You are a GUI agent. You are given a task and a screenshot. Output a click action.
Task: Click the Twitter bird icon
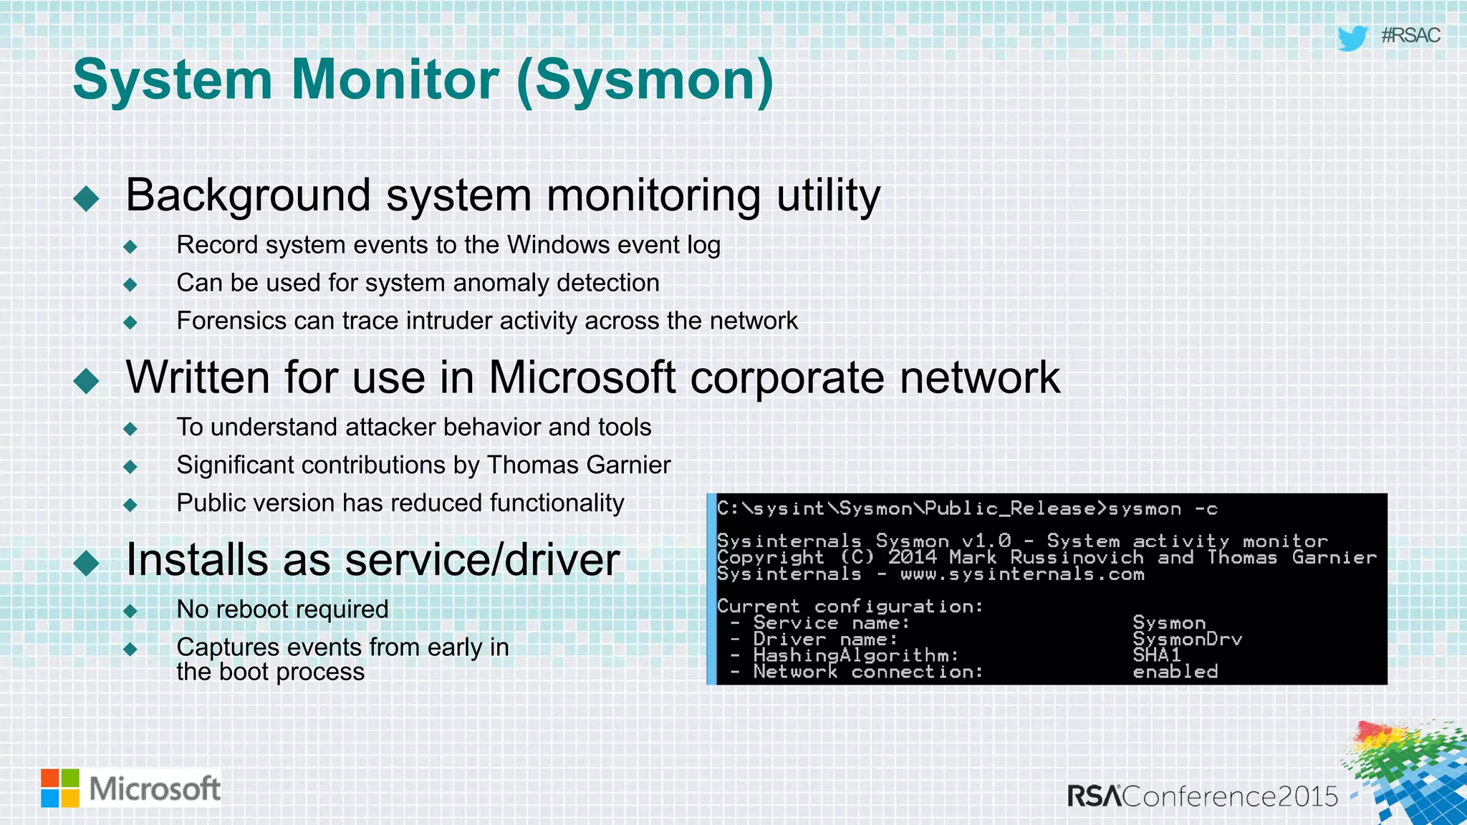[1352, 37]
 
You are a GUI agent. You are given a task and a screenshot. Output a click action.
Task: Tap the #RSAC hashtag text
[1410, 36]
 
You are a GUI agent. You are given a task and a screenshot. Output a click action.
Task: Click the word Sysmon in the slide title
[644, 80]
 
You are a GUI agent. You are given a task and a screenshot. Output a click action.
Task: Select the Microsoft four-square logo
[60, 788]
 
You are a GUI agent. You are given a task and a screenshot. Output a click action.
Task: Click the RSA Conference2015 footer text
[1202, 796]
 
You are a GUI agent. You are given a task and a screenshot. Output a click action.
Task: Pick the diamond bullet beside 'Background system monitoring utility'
[87, 198]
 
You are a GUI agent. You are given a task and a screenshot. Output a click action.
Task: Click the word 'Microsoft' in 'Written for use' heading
[582, 377]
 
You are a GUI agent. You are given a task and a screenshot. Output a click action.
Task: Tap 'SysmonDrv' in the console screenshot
[1187, 640]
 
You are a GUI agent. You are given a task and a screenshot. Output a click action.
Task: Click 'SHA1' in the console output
[1156, 655]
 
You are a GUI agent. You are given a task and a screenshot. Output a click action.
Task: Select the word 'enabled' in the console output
[1175, 672]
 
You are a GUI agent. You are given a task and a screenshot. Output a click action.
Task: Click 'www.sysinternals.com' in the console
[1022, 574]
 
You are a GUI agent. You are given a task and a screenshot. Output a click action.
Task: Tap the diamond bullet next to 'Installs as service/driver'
[87, 563]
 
